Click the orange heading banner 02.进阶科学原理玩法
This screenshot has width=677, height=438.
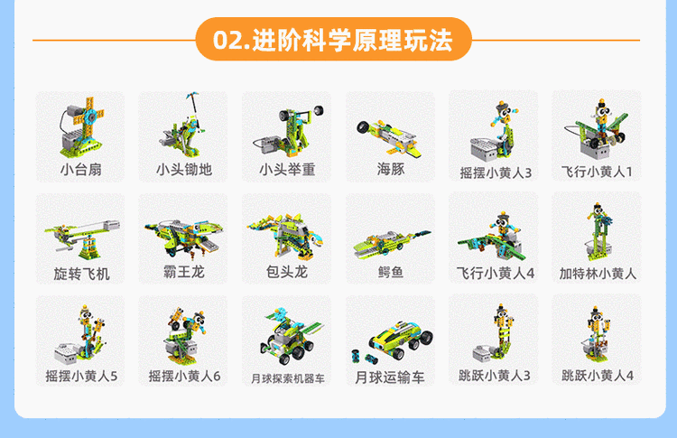[333, 40]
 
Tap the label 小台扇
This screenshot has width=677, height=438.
[80, 169]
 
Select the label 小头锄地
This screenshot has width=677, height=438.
[184, 169]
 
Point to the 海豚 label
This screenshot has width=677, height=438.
[390, 169]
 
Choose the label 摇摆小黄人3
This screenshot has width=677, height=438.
[496, 172]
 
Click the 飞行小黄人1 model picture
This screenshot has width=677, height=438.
[597, 129]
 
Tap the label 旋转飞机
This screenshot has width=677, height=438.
[81, 274]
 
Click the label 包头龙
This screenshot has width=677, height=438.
[287, 272]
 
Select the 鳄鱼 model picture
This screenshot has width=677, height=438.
[392, 245]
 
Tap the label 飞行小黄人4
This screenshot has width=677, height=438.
[496, 273]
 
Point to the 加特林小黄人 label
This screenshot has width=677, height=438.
[598, 274]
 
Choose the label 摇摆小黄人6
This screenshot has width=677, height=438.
[184, 377]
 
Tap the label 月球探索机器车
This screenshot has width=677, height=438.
[288, 378]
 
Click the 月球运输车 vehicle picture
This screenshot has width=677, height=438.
[393, 341]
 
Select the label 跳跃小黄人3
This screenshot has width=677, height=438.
[495, 376]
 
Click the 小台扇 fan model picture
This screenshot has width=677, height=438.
[81, 127]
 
